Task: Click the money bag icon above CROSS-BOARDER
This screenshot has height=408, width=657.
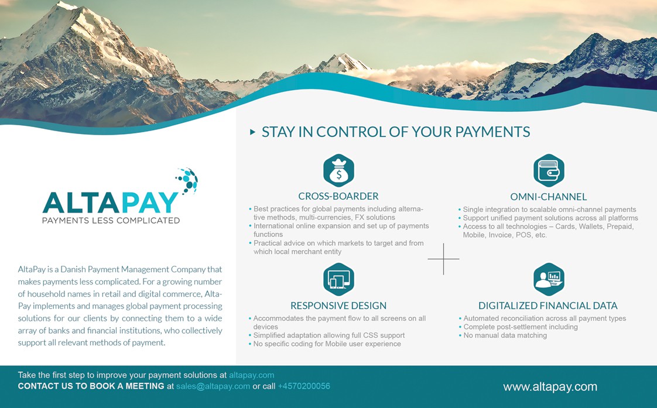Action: pos(338,170)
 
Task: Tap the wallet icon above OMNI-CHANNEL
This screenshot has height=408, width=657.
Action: pos(549,170)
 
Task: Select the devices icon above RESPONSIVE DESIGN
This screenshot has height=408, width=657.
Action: pos(338,279)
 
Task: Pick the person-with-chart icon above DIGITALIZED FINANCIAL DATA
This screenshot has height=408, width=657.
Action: pos(549,279)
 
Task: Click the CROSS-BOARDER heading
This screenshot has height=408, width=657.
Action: pos(338,196)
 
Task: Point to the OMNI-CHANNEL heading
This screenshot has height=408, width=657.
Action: pos(549,197)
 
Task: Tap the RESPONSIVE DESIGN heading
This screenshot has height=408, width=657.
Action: pos(338,306)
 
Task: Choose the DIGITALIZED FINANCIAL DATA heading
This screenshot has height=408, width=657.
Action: pos(548,306)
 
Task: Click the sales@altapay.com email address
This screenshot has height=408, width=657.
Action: pos(213,386)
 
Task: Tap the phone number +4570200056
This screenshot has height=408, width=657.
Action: pos(304,386)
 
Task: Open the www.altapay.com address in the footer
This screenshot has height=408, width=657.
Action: pos(550,387)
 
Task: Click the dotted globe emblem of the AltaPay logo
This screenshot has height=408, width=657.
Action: pos(187,181)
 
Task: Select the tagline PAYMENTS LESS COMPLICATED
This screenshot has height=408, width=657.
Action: pos(111,220)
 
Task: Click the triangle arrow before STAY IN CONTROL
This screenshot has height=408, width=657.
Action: pos(252,132)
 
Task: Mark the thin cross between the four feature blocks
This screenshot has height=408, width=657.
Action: pos(443,259)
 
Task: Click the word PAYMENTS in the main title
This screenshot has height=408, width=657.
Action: pos(493,132)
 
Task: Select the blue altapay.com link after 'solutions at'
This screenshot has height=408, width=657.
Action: pos(251,375)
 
